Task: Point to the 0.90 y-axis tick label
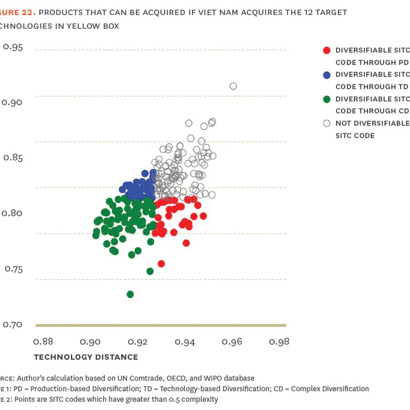tap(13, 102)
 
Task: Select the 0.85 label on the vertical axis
tap(13, 158)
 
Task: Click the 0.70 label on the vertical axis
tap(13, 324)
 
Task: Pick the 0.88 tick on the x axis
tap(43, 342)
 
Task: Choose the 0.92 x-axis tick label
tap(138, 342)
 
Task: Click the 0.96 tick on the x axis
tap(232, 342)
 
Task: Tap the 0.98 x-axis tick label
tap(279, 342)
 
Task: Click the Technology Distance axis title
tap(86, 357)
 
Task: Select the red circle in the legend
tap(326, 51)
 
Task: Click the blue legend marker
tap(326, 75)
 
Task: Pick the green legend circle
tap(326, 100)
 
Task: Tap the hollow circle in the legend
tap(326, 124)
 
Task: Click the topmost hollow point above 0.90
tap(233, 86)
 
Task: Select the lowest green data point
tap(130, 294)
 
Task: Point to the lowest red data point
tap(161, 264)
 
